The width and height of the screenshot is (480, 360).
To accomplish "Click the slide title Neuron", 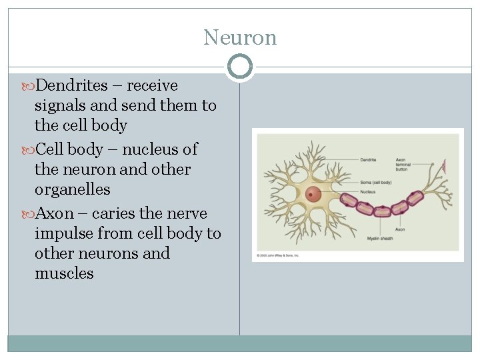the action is click(x=240, y=37).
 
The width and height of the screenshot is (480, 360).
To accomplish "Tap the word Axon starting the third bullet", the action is click(x=54, y=213).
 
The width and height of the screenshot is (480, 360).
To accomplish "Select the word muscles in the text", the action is click(x=64, y=273).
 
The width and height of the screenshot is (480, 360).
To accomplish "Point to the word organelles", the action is click(x=72, y=189).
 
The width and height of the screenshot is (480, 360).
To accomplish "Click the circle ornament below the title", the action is click(x=240, y=67).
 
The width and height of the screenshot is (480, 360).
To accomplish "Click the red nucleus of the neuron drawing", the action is click(x=313, y=195).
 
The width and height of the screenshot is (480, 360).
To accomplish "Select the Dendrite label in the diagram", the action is click(x=369, y=160).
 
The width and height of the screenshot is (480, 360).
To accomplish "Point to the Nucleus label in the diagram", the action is click(x=368, y=192).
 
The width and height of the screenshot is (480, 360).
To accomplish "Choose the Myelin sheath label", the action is click(x=380, y=238).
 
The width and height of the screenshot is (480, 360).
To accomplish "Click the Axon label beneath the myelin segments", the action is click(x=400, y=229).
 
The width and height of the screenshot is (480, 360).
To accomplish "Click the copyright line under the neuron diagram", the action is click(x=278, y=255).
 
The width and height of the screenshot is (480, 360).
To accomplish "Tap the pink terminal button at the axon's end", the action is click(x=443, y=164).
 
